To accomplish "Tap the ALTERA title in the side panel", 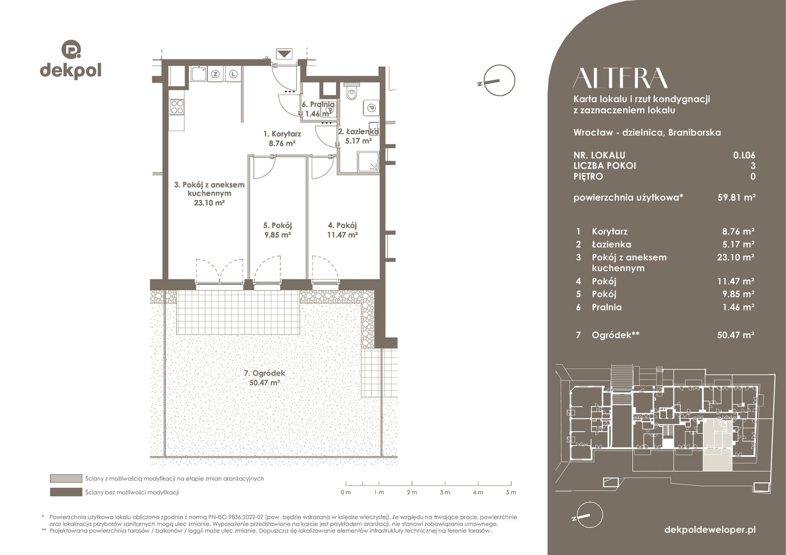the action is [x=620, y=78].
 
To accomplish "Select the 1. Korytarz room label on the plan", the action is [x=282, y=138].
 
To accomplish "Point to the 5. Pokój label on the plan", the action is [x=278, y=230].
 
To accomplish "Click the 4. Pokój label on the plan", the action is [x=342, y=230].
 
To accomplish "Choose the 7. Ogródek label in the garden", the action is [x=265, y=378].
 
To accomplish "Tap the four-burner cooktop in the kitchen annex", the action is [x=177, y=107].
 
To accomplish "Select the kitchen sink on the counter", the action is [x=198, y=74].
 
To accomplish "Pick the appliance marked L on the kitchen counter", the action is [x=234, y=74].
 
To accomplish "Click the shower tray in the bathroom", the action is [x=368, y=162].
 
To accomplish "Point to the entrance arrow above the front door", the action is [x=284, y=54].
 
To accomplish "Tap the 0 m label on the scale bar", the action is [x=346, y=492].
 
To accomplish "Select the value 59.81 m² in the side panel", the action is [x=736, y=197].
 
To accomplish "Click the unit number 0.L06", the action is [x=744, y=155].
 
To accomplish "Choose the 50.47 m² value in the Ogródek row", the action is [x=736, y=334].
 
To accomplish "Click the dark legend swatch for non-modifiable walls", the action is [x=66, y=492].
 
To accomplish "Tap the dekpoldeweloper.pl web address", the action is [x=710, y=529].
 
